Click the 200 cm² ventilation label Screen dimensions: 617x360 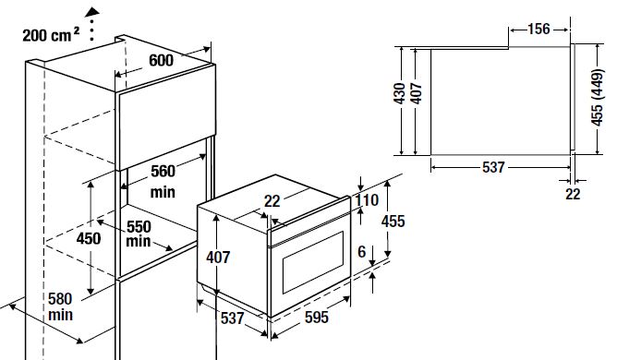(51, 35)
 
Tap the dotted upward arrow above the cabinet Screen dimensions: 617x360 (91, 24)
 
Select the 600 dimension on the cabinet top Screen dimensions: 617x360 (161, 60)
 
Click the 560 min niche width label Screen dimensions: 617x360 (163, 181)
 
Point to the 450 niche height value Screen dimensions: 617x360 (89, 238)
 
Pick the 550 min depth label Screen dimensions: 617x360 (139, 234)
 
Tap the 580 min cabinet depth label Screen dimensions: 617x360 (60, 306)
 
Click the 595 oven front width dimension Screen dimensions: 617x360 (317, 318)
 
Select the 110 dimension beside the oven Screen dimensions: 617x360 (367, 200)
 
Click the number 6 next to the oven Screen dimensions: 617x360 (362, 252)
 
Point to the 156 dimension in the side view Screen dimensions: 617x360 (538, 30)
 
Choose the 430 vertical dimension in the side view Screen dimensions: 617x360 (399, 93)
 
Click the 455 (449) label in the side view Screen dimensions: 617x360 (597, 97)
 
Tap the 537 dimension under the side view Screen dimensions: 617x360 (493, 167)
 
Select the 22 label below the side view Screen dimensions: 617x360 (573, 194)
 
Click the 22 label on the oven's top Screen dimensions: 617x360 (272, 201)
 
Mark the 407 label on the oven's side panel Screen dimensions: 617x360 (218, 258)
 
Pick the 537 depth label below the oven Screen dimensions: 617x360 (232, 318)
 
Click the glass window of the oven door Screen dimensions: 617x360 (313, 262)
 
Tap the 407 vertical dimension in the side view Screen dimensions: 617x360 (417, 93)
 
